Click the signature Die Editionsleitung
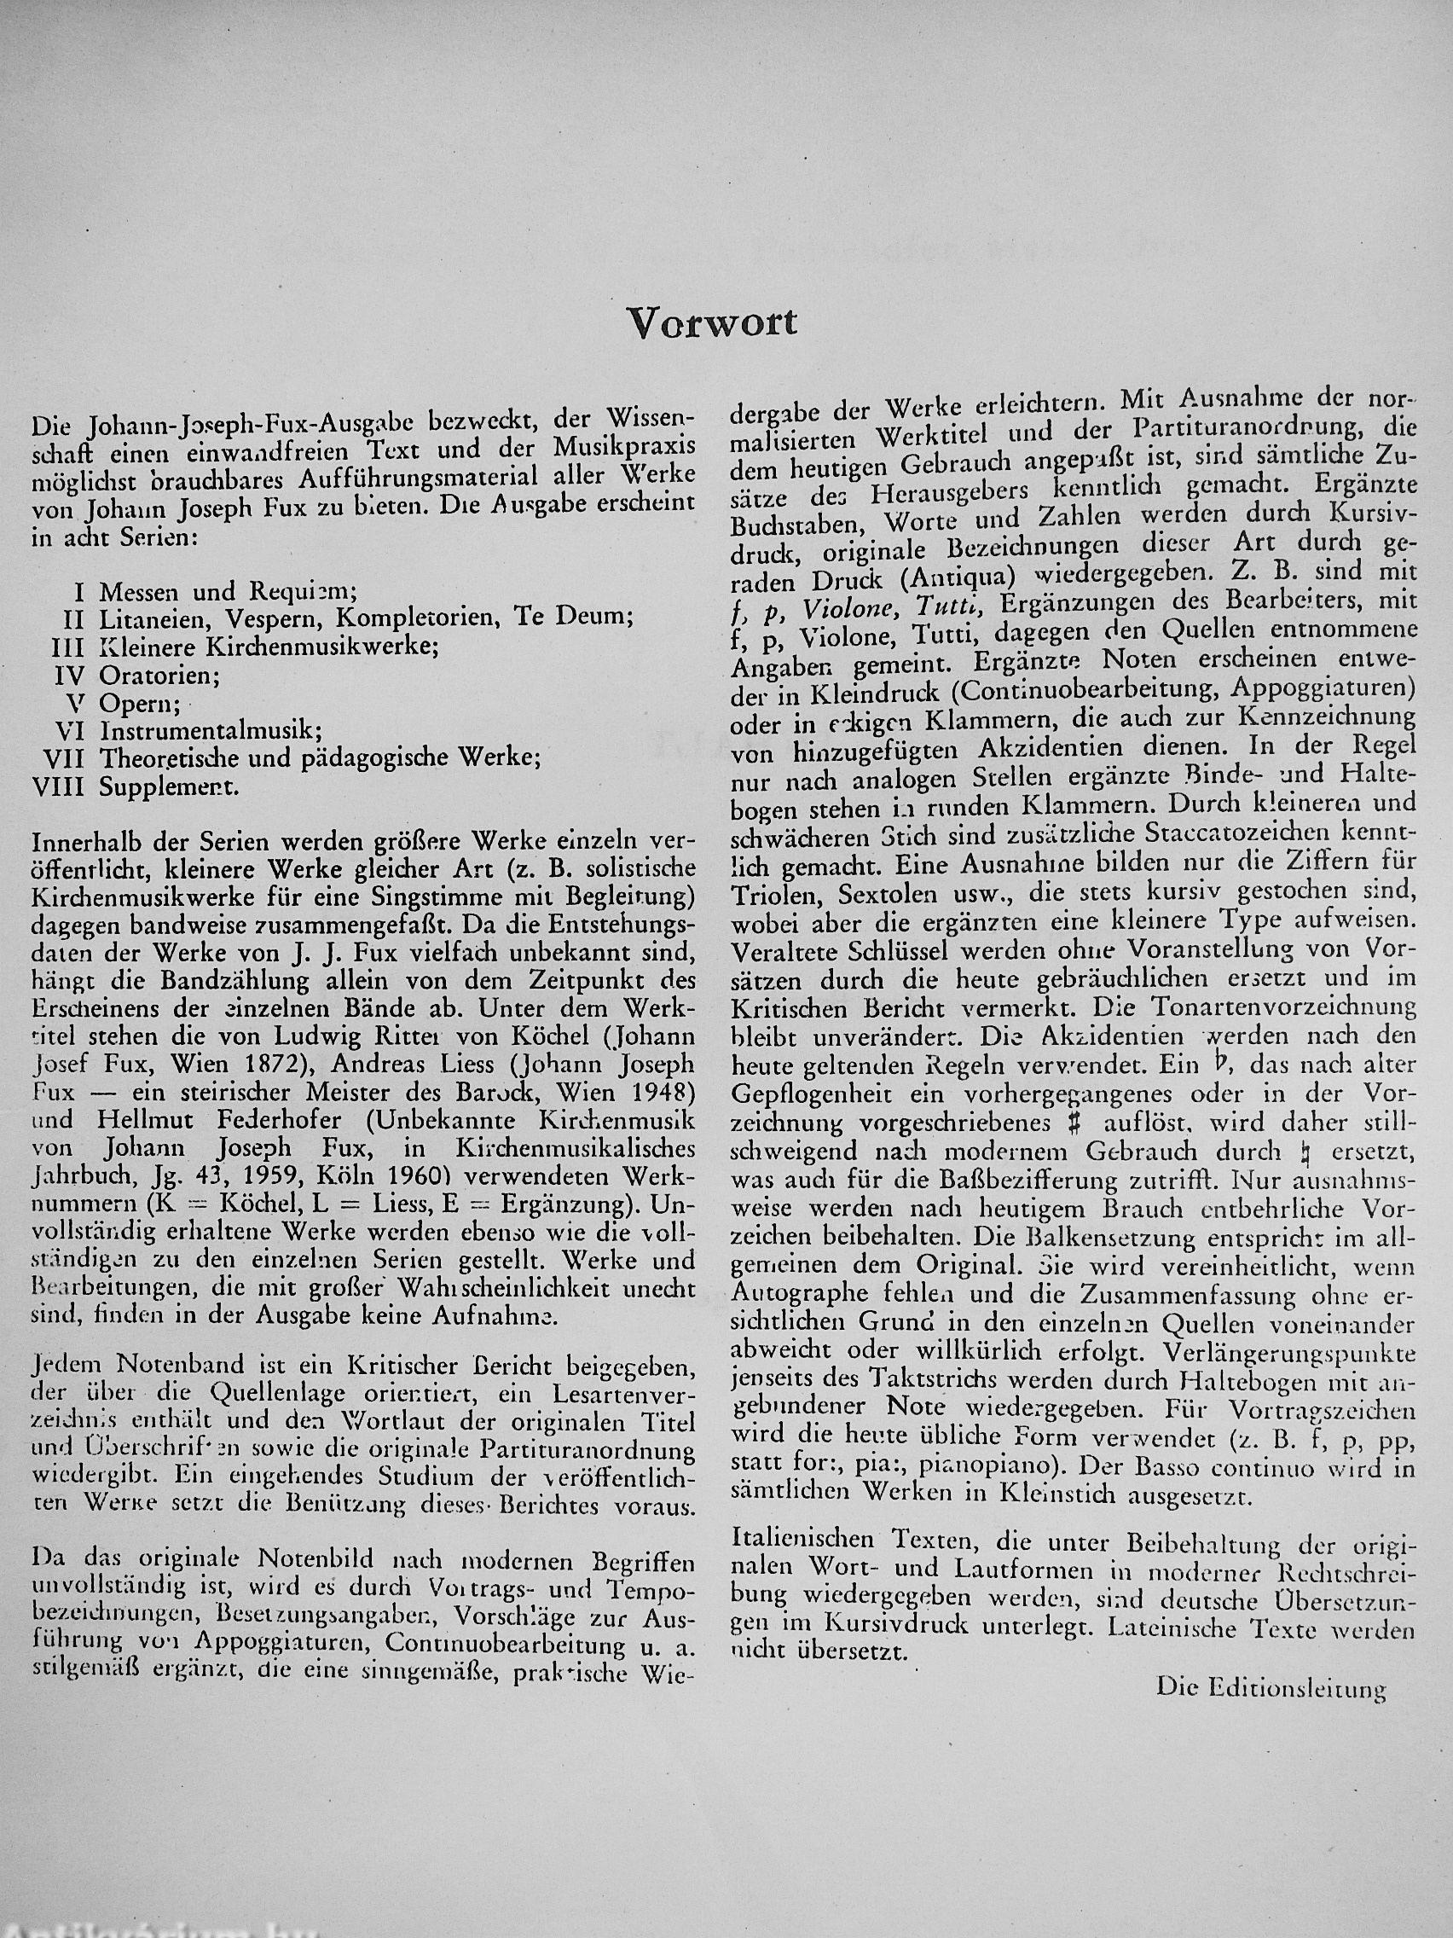click(1271, 1686)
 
